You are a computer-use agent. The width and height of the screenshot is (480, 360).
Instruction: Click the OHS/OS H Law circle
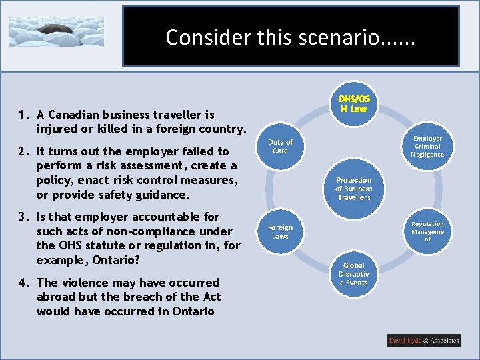354,103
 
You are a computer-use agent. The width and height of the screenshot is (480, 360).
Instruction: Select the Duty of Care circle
280,146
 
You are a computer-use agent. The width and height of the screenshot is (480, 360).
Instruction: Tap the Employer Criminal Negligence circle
427,146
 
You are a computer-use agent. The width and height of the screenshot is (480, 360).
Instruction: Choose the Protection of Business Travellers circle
353,189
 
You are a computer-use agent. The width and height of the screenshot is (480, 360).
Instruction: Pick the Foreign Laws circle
280,231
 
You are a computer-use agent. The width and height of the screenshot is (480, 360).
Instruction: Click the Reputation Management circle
427,231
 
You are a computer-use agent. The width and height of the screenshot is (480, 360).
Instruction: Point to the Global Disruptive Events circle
353,274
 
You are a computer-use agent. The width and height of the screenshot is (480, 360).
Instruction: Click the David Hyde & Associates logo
424,340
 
